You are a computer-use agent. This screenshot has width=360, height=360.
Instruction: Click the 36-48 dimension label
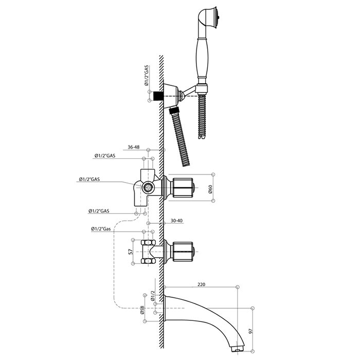134,147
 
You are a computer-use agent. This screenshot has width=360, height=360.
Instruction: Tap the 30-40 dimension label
176,221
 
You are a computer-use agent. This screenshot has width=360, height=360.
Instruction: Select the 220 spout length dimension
201,284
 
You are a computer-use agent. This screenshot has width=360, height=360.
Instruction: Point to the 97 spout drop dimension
250,331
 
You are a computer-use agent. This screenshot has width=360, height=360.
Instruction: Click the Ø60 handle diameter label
210,189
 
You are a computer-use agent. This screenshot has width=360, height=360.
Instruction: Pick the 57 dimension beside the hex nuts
131,251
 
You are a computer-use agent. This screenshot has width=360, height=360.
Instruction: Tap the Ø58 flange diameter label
142,310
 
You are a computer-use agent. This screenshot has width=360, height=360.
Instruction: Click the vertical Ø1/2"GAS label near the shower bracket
147,76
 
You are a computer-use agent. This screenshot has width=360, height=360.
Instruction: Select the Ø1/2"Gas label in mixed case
101,229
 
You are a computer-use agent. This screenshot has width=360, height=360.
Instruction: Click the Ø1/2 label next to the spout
153,296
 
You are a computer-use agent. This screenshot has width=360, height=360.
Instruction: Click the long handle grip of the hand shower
202,59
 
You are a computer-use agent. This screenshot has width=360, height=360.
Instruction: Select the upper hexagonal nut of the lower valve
148,242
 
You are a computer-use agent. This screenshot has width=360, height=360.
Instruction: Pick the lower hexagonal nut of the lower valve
148,261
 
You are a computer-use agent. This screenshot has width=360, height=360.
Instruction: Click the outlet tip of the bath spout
238,349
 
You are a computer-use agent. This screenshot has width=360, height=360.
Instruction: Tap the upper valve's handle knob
183,188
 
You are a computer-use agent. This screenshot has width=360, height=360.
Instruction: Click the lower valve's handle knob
183,251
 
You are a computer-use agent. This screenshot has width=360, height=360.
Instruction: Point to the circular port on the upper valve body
148,188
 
